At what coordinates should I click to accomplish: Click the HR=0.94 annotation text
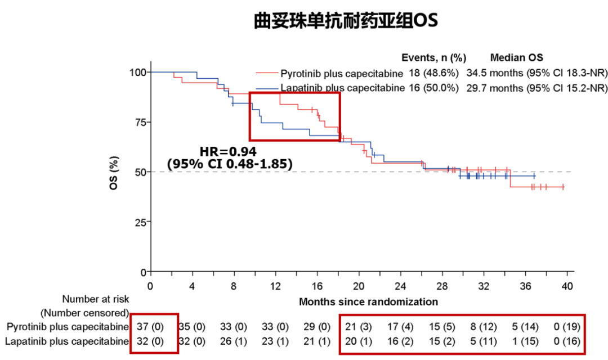[x=228, y=151]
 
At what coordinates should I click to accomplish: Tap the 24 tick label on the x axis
[x=400, y=286]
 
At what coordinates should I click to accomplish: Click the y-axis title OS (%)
[x=114, y=172]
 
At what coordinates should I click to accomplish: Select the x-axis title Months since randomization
[x=368, y=301]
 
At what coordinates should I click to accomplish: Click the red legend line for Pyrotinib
[x=267, y=74]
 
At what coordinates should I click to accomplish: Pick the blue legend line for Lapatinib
[x=267, y=88]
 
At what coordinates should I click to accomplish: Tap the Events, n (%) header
[x=434, y=58]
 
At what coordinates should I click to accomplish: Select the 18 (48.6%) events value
[x=435, y=74]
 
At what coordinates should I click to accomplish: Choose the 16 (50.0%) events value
[x=435, y=88]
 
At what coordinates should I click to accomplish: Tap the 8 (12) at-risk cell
[x=483, y=326]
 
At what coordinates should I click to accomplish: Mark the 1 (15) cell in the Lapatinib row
[x=525, y=341]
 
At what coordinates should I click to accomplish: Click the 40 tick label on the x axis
[x=567, y=286]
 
